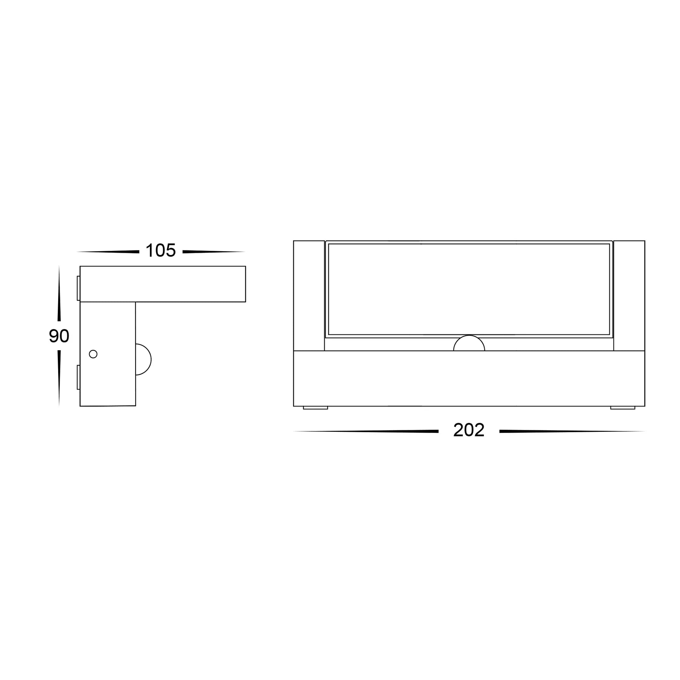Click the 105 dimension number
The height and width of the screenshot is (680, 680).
161,250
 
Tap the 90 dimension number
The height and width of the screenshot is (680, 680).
59,336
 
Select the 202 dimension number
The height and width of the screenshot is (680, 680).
469,430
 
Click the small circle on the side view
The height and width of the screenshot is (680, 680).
93,354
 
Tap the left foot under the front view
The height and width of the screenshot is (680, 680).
315,408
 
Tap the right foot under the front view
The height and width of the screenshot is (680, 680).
623,408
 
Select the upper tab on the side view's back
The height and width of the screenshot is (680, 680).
79,288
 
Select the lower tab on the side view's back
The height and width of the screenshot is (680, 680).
79,377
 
